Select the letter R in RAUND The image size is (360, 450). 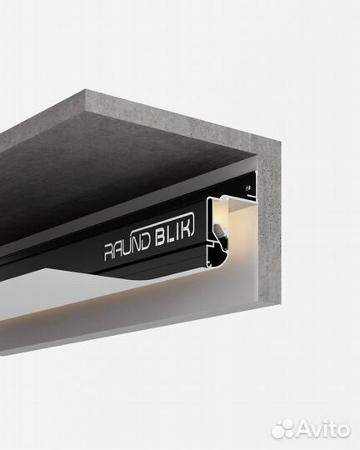tap(108, 252)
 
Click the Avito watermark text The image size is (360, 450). tap(324, 429)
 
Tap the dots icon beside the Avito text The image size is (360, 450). tap(282, 429)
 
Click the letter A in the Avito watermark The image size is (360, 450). tap(306, 429)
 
